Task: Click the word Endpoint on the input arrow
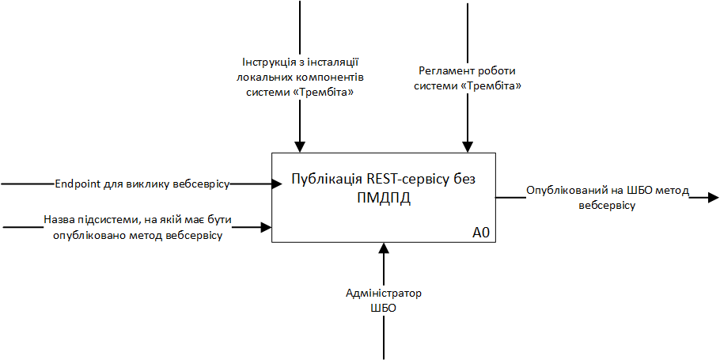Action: [78, 184]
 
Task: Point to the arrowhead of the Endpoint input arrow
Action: [277, 184]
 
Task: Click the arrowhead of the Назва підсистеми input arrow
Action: [267, 228]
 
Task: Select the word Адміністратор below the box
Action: [384, 294]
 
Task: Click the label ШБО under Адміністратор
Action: [384, 308]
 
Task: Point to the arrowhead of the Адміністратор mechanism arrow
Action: [384, 248]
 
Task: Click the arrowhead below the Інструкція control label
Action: [299, 146]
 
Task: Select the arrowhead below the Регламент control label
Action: [468, 146]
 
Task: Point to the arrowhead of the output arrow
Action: [714, 197]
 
